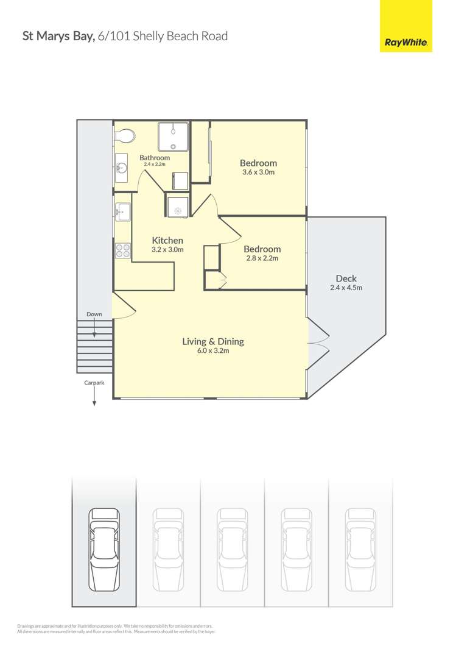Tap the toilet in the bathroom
(125, 136)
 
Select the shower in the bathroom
(174, 137)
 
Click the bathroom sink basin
(121, 169)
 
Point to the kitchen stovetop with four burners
(122, 249)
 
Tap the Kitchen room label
(167, 240)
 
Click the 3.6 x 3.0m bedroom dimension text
(258, 172)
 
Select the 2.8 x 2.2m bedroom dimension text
(262, 258)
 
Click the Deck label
(346, 279)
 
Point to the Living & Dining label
(213, 341)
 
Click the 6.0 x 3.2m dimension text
(213, 351)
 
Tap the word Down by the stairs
(94, 314)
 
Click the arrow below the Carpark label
(94, 397)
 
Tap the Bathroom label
(155, 157)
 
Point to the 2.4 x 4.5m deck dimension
(346, 288)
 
